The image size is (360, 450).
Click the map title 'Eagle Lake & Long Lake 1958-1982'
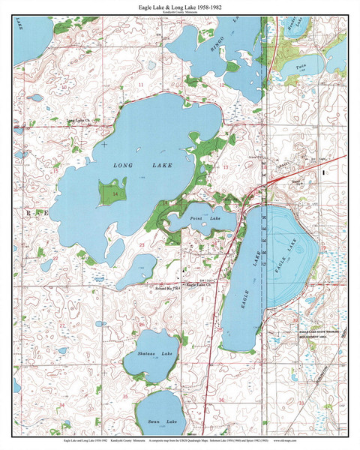pyautogui.click(x=179, y=7)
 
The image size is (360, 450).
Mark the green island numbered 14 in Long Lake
pyautogui.click(x=114, y=193)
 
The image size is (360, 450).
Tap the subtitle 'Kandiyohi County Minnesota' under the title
pyautogui.click(x=179, y=14)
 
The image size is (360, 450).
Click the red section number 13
pyautogui.click(x=225, y=166)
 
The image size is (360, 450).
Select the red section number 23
pyautogui.click(x=141, y=245)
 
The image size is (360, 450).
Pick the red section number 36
pyautogui.click(x=221, y=400)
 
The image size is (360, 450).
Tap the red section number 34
pyautogui.click(x=62, y=405)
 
